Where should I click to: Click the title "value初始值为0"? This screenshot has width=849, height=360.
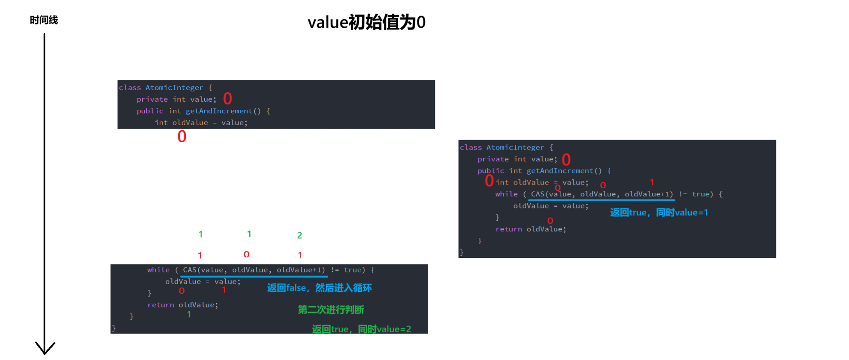click(366, 22)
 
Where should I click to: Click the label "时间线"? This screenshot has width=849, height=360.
click(44, 20)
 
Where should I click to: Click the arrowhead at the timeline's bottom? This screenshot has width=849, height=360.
click(45, 348)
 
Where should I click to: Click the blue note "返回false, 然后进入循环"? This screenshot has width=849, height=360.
click(319, 288)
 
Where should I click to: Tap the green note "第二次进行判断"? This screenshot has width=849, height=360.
click(331, 310)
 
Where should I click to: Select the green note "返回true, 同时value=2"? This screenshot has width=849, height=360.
click(361, 329)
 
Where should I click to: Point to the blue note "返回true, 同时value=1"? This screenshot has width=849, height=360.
click(658, 212)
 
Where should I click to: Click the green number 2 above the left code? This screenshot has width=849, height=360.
click(300, 235)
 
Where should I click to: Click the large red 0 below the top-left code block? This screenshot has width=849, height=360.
click(182, 137)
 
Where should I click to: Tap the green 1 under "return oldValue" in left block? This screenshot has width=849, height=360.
click(189, 314)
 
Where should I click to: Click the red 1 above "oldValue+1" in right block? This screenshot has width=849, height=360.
click(652, 182)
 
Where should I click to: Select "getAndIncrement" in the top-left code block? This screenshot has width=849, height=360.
click(219, 111)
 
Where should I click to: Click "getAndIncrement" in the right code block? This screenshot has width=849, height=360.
click(560, 171)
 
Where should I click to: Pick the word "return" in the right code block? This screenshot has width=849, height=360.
click(508, 229)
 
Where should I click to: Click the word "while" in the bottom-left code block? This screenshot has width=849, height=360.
click(158, 270)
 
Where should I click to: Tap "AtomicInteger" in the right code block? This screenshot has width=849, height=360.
click(515, 147)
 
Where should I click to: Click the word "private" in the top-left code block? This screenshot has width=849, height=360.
click(152, 100)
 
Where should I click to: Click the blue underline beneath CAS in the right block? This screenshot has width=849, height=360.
click(601, 200)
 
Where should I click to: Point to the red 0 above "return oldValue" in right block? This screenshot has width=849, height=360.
click(550, 221)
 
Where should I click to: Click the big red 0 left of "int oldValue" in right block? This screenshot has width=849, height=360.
click(489, 181)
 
